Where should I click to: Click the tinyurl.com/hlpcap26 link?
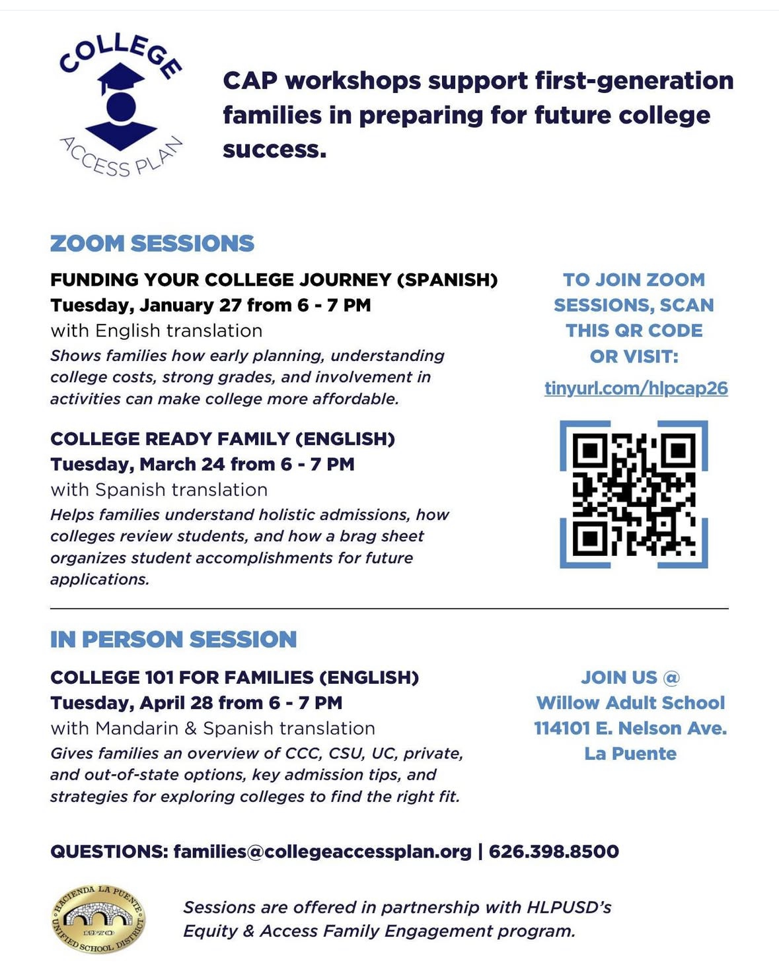pyautogui.click(x=636, y=387)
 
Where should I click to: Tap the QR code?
pyautogui.click(x=634, y=494)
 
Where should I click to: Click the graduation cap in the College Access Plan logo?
pyautogui.click(x=121, y=78)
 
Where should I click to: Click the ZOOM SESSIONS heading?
pyautogui.click(x=152, y=244)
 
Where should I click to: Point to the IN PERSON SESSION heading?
pyautogui.click(x=173, y=640)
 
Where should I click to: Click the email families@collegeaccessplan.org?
pyautogui.click(x=322, y=852)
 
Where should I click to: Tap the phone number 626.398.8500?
pyautogui.click(x=554, y=852)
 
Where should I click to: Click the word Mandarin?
pyautogui.click(x=137, y=728)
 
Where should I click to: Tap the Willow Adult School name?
pyautogui.click(x=630, y=702)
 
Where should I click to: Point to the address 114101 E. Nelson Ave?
pyautogui.click(x=630, y=728)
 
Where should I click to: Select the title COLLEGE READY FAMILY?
pyautogui.click(x=170, y=439)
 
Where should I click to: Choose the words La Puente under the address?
pyautogui.click(x=630, y=754)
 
